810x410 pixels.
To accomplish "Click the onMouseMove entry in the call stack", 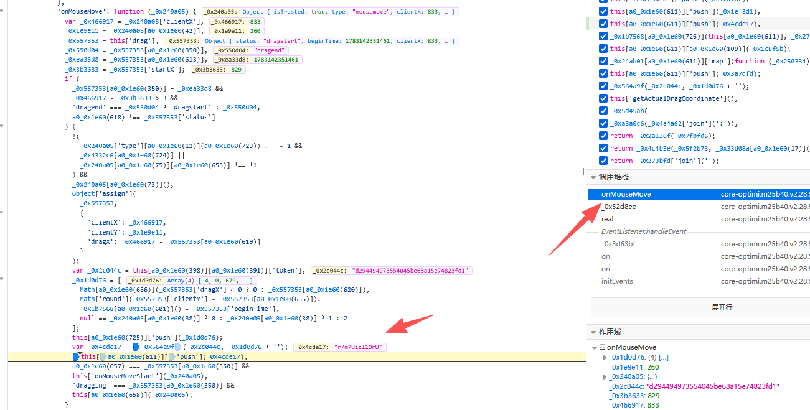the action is [626, 194].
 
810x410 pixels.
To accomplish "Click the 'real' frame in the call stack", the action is [607, 219].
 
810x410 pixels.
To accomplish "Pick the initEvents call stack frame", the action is [617, 281].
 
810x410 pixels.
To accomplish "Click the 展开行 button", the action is [722, 307].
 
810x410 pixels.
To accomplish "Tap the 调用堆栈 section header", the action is [614, 177].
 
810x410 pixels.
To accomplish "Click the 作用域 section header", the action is [610, 332].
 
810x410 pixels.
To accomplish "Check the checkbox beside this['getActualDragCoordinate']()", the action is [603, 98].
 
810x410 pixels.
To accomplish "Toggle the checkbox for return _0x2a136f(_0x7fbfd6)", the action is [603, 136].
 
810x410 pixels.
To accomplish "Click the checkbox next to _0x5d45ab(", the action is [603, 111].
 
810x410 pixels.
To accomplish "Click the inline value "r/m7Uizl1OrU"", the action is [358, 347].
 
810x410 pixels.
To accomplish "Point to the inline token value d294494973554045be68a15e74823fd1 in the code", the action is [410, 271].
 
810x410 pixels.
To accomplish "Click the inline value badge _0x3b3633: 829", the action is [218, 69].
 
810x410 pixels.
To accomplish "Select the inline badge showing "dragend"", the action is [269, 50].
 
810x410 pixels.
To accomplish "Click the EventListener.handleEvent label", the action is [644, 231].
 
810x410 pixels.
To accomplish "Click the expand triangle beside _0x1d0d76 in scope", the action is [605, 358].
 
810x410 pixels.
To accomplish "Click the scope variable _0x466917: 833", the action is [635, 405].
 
